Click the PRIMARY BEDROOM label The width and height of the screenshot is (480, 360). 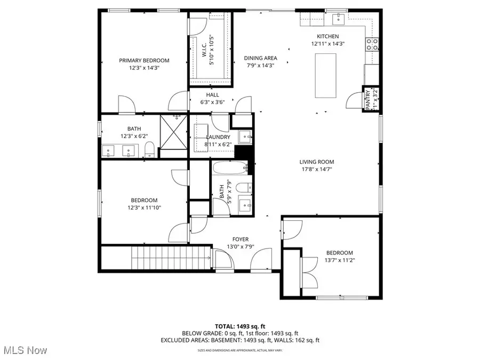(144, 60)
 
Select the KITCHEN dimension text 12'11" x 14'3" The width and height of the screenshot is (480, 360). (328, 44)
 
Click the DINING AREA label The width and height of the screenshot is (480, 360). (260, 58)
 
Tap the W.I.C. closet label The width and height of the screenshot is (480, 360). (204, 48)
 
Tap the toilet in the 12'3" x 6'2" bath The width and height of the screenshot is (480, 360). (150, 150)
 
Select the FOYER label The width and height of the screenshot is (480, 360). (240, 239)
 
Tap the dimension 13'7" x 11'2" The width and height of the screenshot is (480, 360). (340, 260)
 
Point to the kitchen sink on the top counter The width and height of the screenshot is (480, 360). (338, 20)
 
